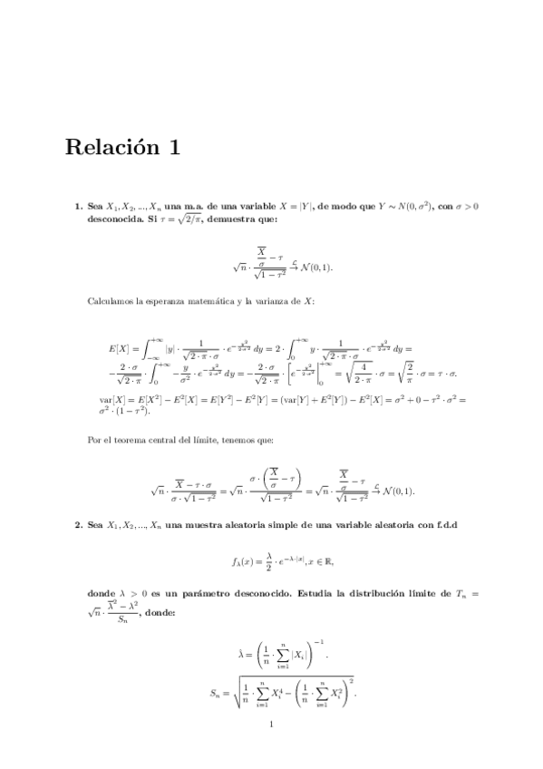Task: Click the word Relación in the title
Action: coord(108,149)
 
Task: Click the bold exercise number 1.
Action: coord(78,207)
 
